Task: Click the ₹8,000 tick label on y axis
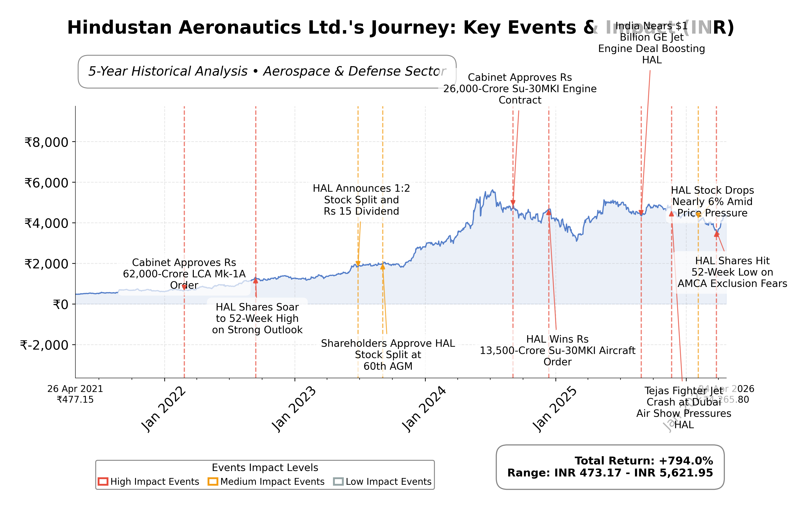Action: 46,142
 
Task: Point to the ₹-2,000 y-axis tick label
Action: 44,345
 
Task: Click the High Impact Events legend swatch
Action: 103,481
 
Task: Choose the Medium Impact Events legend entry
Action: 266,481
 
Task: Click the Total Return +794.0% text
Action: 644,461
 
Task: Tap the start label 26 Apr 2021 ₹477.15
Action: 75,394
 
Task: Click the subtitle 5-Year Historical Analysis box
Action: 267,72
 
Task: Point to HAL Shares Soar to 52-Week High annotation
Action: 257,318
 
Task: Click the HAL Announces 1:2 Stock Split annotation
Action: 361,200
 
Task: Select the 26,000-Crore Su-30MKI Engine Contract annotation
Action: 520,89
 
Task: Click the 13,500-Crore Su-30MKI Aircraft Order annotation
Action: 557,350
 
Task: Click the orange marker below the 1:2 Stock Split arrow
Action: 358,264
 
